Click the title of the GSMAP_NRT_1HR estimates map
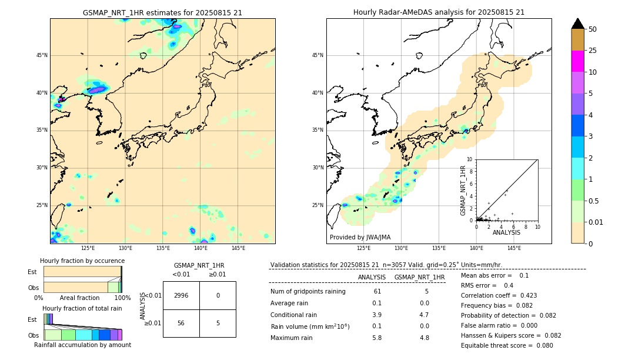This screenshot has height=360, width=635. click(162, 12)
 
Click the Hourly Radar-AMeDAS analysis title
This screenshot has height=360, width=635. click(439, 12)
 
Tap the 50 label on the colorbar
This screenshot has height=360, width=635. click(593, 29)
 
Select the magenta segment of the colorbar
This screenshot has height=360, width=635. click(577, 61)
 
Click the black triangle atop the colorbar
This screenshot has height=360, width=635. click(577, 24)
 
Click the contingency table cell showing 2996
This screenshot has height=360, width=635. click(181, 295)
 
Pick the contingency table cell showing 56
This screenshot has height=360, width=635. click(181, 323)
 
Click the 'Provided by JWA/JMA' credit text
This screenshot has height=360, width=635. click(360, 237)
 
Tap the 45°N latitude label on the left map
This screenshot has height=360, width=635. click(42, 55)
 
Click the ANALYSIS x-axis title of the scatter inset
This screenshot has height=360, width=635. click(506, 232)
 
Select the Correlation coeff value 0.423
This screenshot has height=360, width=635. click(524, 295)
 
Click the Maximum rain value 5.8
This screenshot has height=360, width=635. click(376, 338)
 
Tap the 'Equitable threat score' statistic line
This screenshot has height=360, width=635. click(506, 345)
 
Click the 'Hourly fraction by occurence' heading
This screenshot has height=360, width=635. click(82, 261)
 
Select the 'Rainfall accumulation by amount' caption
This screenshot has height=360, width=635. click(82, 345)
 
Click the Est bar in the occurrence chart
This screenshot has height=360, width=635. click(82, 271)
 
